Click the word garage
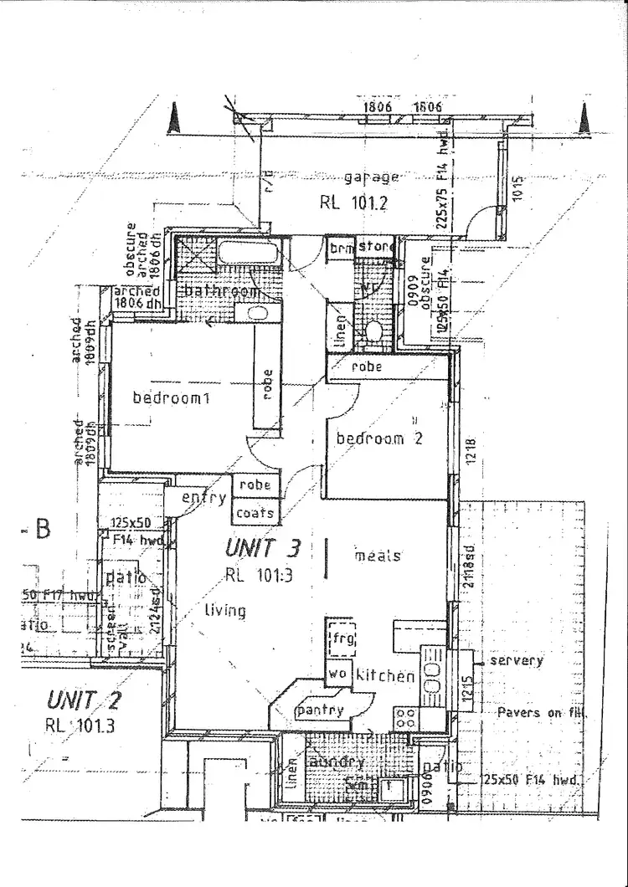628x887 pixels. click(x=372, y=177)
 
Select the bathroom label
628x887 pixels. click(x=220, y=291)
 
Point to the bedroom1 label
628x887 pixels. click(x=170, y=398)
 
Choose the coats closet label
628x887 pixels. click(x=255, y=512)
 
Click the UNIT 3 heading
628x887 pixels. click(x=262, y=549)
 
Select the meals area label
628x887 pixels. click(x=378, y=556)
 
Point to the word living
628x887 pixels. click(x=225, y=611)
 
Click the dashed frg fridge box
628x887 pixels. click(x=342, y=639)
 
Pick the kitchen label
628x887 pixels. click(x=385, y=675)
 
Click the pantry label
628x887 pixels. click(x=319, y=710)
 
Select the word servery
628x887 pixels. click(x=516, y=660)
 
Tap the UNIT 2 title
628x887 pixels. click(x=84, y=700)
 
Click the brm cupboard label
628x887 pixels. click(x=340, y=249)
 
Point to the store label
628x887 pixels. click(x=376, y=247)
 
